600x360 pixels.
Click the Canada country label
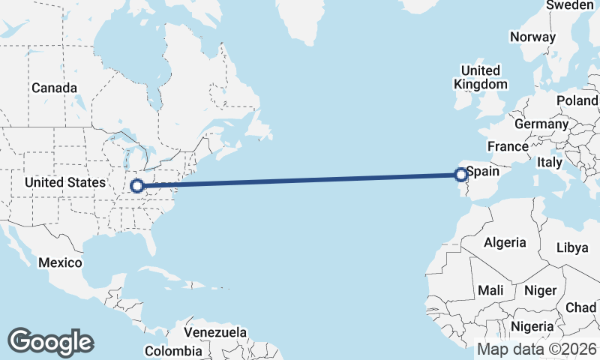point(54,88)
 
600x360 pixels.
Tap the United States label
point(65,182)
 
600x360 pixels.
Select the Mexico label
point(59,262)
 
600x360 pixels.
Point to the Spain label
point(482,171)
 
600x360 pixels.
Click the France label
point(508,146)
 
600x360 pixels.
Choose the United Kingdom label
point(481,77)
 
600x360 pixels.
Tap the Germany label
point(541,124)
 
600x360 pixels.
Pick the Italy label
point(550,162)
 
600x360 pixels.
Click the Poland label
point(577,100)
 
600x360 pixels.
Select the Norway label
point(532,37)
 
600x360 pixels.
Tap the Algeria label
point(505,242)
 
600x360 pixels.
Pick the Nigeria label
point(532,326)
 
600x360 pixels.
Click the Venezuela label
point(215,331)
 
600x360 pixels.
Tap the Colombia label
point(173,350)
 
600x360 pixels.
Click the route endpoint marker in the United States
point(138,185)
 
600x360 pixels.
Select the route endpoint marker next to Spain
point(460,175)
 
